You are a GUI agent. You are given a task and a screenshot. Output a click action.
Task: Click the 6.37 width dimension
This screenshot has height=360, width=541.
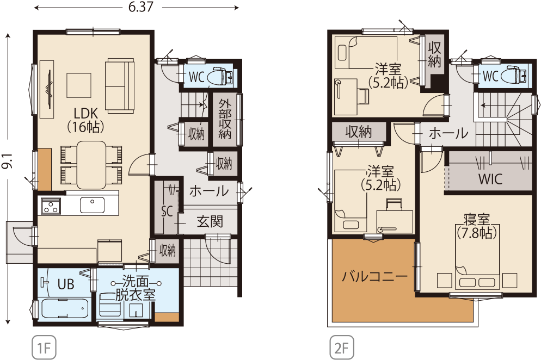pyautogui.click(x=140, y=7)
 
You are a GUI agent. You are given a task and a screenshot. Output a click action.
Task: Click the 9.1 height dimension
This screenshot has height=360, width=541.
pyautogui.click(x=7, y=161)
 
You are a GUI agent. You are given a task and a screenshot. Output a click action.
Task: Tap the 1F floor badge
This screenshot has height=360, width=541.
pyautogui.click(x=44, y=347)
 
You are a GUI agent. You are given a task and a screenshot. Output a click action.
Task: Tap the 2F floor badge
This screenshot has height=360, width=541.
pyautogui.click(x=342, y=347)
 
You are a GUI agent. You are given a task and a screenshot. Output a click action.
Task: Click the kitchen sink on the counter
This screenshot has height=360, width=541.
pyautogui.click(x=92, y=205)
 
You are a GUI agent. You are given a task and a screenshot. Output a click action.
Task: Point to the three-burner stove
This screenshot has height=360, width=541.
pyautogui.click(x=51, y=206)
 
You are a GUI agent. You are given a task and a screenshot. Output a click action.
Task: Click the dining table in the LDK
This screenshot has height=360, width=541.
pyautogui.click(x=91, y=165)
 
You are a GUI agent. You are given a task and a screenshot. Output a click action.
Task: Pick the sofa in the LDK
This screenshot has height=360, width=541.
pyautogui.click(x=119, y=85)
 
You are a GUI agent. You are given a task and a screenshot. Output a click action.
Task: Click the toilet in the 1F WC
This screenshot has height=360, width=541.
pyautogui.click(x=220, y=76)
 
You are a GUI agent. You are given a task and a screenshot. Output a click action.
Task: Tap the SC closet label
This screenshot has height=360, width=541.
pyautogui.click(x=167, y=212)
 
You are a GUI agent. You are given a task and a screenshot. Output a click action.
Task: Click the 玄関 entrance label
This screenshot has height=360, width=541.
pyautogui.click(x=210, y=221)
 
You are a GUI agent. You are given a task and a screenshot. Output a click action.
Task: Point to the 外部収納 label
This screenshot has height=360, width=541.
pyautogui.click(x=225, y=119)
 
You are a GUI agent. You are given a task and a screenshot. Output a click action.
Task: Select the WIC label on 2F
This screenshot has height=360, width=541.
pyautogui.click(x=490, y=179)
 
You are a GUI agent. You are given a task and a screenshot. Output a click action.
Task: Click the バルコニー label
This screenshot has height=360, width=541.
pyautogui.click(x=375, y=276)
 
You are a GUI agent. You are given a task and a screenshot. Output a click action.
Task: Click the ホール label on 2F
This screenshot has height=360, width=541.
pyautogui.click(x=448, y=133)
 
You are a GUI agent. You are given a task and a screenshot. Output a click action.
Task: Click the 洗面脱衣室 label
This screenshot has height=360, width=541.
pyautogui.click(x=135, y=288)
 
